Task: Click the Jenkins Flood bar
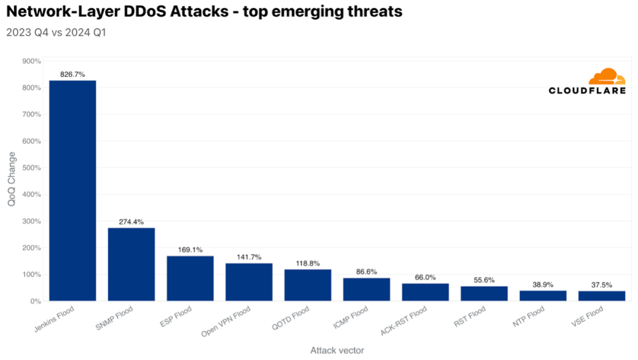click(72, 190)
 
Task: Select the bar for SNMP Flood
click(131, 264)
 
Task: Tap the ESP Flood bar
click(190, 278)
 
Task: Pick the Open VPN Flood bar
click(249, 282)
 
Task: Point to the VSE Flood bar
click(602, 296)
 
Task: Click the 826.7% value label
click(73, 74)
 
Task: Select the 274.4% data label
click(131, 222)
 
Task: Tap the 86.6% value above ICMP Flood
click(367, 272)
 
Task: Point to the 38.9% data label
click(543, 284)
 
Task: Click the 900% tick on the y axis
click(31, 61)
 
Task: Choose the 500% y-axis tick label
click(31, 168)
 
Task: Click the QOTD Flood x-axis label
click(293, 319)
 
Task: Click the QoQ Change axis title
click(12, 179)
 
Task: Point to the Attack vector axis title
click(337, 351)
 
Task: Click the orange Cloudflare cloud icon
click(607, 77)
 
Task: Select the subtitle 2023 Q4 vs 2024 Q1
click(56, 33)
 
